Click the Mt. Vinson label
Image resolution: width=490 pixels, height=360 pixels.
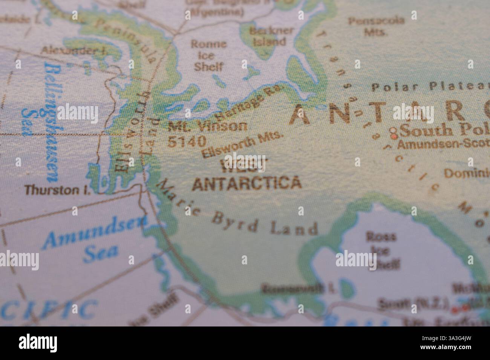click(208, 126)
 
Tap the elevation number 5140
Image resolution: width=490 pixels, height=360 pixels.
click(187, 141)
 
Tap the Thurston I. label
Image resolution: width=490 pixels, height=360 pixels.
click(58, 191)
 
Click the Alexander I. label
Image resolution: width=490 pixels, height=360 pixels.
click(74, 50)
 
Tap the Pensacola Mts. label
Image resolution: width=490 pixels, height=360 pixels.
click(376, 26)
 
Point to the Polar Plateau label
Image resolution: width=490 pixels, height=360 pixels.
click(430, 87)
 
